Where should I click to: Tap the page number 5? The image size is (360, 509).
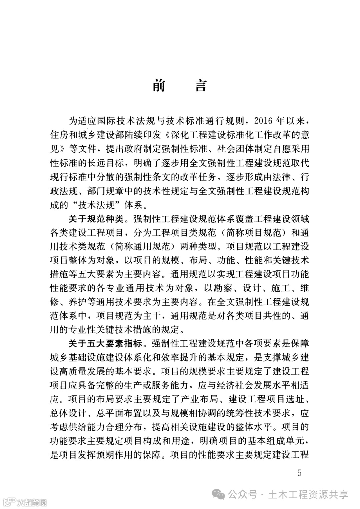(299, 473)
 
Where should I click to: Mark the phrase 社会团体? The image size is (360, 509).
(231, 148)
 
